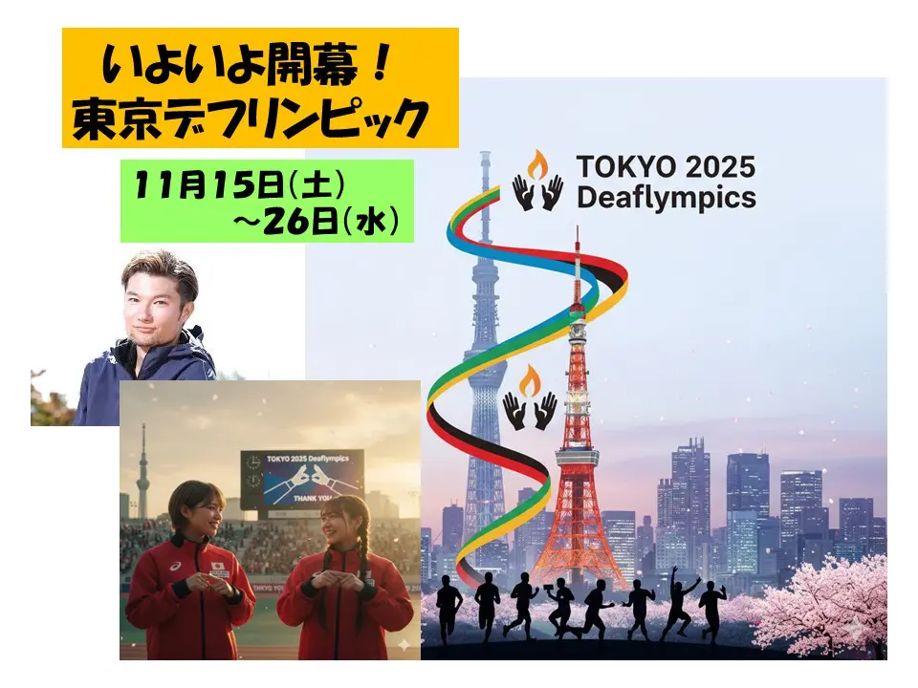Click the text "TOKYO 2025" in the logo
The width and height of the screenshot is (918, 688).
coord(666,167)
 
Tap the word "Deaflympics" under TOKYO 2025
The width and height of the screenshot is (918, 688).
coord(666,198)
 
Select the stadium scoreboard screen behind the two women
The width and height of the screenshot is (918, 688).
coord(301,478)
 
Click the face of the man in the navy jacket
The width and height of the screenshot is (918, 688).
coord(155,300)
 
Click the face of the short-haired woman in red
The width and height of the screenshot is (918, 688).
coord(195,513)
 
